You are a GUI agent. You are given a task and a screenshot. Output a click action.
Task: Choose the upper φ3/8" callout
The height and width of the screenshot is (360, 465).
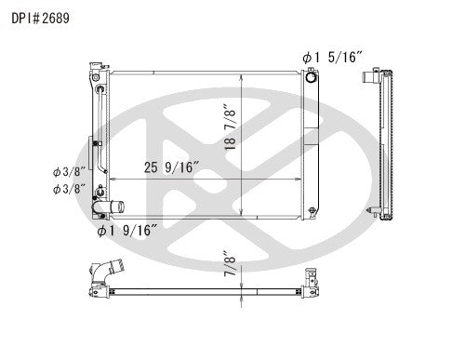pyautogui.click(x=69, y=171)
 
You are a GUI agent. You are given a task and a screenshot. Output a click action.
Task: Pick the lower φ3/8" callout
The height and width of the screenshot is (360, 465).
pyautogui.click(x=69, y=189)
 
